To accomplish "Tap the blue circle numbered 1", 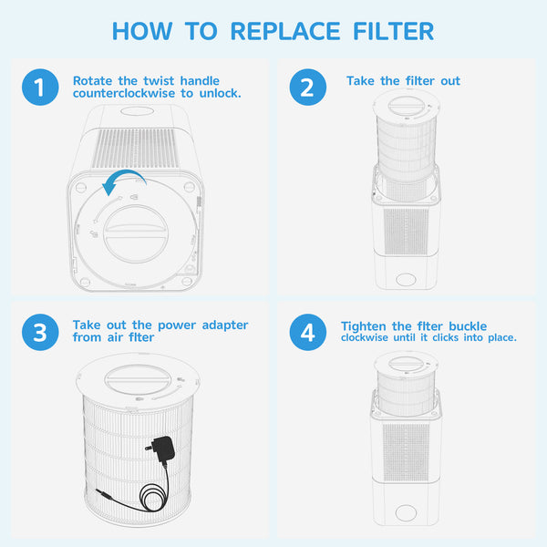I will (39, 88).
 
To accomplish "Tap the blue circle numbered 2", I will (307, 88).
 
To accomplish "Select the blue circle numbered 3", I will (39, 333).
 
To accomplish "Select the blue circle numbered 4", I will (307, 333).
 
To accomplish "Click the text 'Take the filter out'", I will (403, 81).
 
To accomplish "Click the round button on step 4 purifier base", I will (405, 513).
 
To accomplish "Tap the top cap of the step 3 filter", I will (134, 377).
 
